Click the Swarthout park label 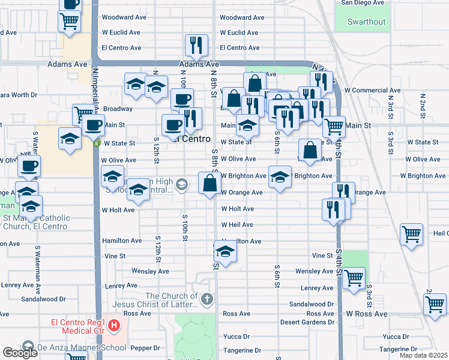click(366, 22)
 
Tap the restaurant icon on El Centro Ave click(196, 44)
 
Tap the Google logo click(20, 353)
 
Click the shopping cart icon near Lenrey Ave click(354, 278)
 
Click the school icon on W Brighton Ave click(279, 176)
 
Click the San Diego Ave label click(362, 3)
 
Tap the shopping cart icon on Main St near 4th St click(334, 127)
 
